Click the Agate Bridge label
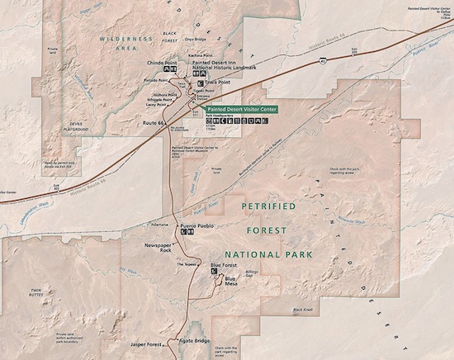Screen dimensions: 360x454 [x=195, y=340]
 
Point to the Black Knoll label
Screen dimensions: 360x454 [x=304, y=310]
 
